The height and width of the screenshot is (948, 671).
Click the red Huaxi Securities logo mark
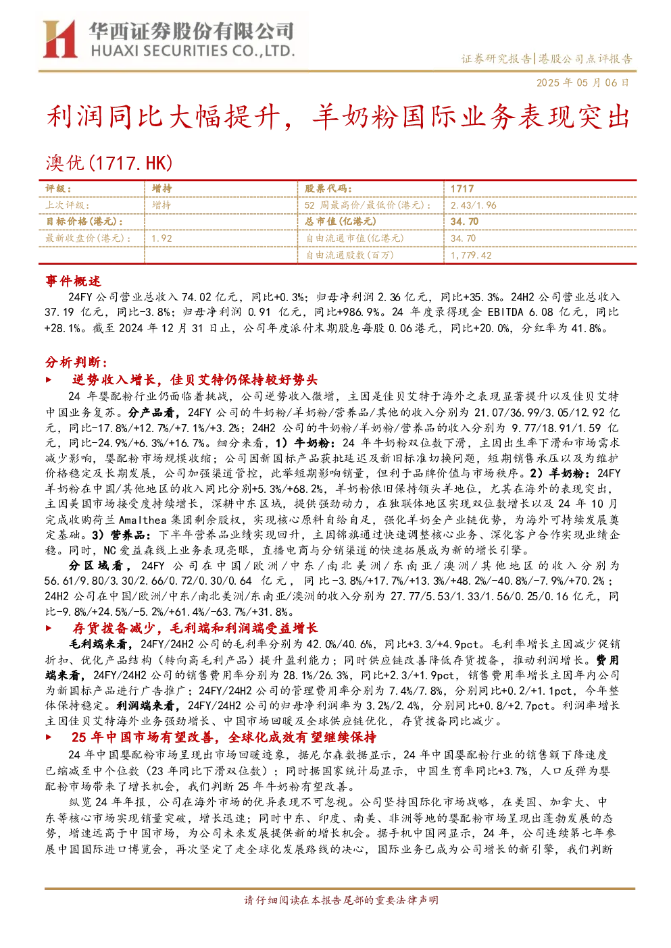(59, 39)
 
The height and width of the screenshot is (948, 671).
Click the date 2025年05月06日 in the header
(583, 82)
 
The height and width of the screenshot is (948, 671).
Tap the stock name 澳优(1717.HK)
(109, 163)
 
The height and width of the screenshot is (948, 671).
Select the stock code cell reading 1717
(462, 189)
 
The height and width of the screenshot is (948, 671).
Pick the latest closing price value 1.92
(161, 238)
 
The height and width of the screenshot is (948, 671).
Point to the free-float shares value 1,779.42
(471, 255)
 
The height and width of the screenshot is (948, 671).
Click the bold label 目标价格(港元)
(84, 221)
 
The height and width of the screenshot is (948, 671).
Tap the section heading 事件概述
(73, 281)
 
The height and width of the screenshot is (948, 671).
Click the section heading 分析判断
(76, 363)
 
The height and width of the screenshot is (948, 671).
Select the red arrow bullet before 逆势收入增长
(49, 380)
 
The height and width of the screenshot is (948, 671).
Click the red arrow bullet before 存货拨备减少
(49, 629)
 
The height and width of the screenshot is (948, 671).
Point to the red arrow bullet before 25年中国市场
(49, 737)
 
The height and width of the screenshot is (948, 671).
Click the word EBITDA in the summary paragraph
(505, 313)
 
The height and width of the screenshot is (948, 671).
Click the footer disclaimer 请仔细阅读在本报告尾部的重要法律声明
(341, 900)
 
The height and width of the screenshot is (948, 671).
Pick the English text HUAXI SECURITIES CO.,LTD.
(193, 51)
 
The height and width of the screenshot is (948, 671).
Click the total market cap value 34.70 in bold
(464, 221)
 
